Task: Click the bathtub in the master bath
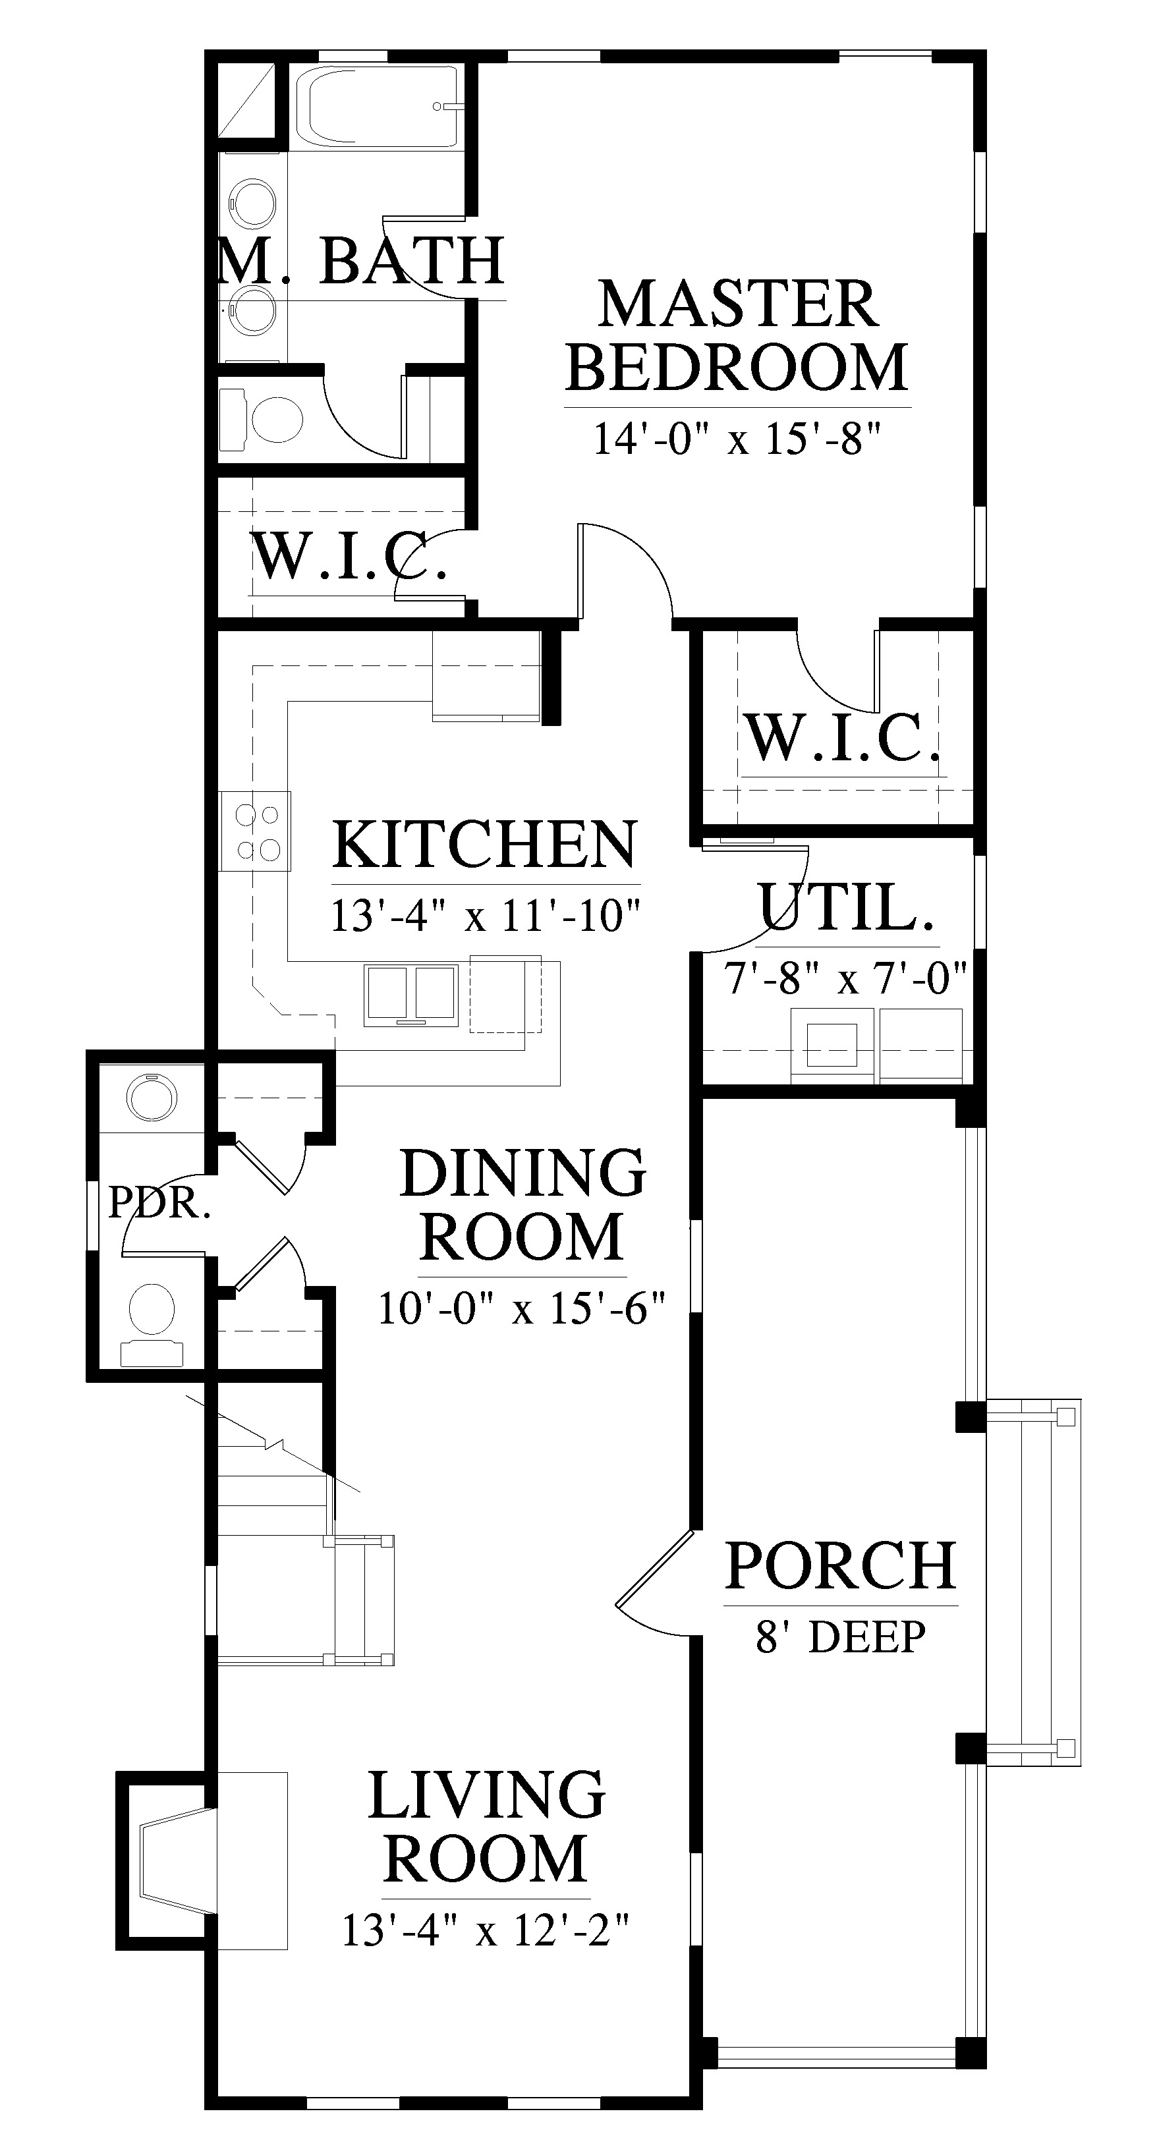click(383, 107)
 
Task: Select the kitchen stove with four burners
click(256, 831)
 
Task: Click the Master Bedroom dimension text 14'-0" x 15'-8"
click(737, 438)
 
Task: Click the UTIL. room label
click(845, 905)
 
